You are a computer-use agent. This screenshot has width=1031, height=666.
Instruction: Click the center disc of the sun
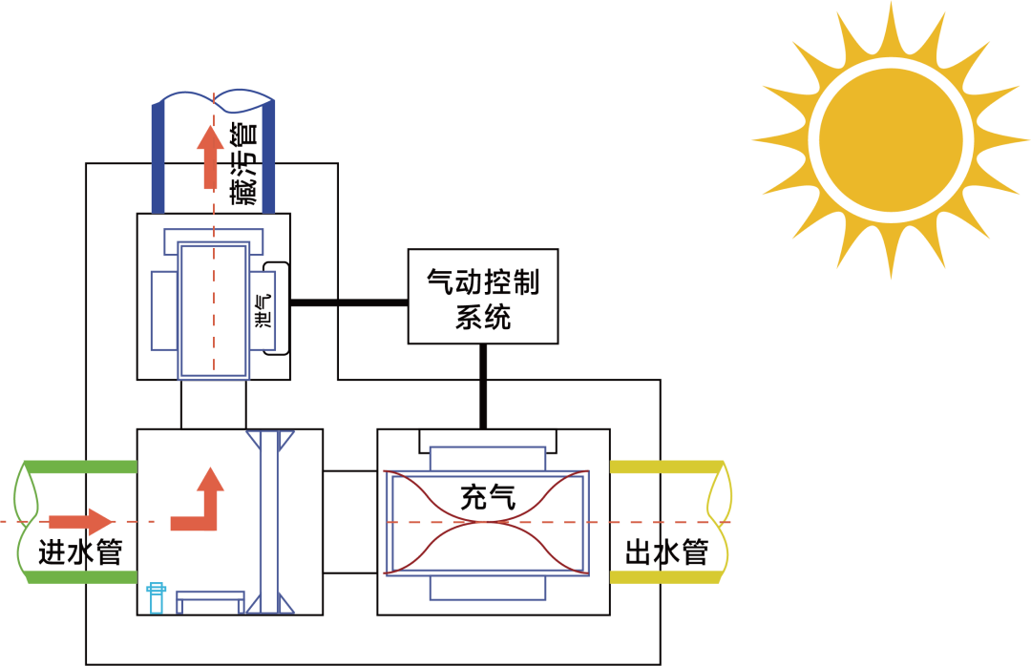pyautogui.click(x=891, y=140)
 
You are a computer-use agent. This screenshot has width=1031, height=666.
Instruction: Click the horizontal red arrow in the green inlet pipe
pyautogui.click(x=81, y=521)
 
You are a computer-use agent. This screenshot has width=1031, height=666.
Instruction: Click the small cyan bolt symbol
pyautogui.click(x=156, y=598)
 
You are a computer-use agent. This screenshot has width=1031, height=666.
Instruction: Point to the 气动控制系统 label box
pyautogui.click(x=483, y=297)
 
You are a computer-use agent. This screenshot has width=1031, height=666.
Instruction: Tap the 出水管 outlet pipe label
pyautogui.click(x=667, y=552)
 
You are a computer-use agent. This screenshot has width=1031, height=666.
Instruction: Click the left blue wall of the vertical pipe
pyautogui.click(x=158, y=156)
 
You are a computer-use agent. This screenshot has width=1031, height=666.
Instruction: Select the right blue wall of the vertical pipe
pyautogui.click(x=268, y=156)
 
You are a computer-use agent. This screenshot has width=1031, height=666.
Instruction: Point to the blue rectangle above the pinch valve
pyautogui.click(x=488, y=458)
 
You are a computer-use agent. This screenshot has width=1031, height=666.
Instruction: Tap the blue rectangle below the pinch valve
pyautogui.click(x=488, y=588)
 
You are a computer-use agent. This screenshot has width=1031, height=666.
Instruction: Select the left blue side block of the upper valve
pyautogui.click(x=164, y=310)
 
